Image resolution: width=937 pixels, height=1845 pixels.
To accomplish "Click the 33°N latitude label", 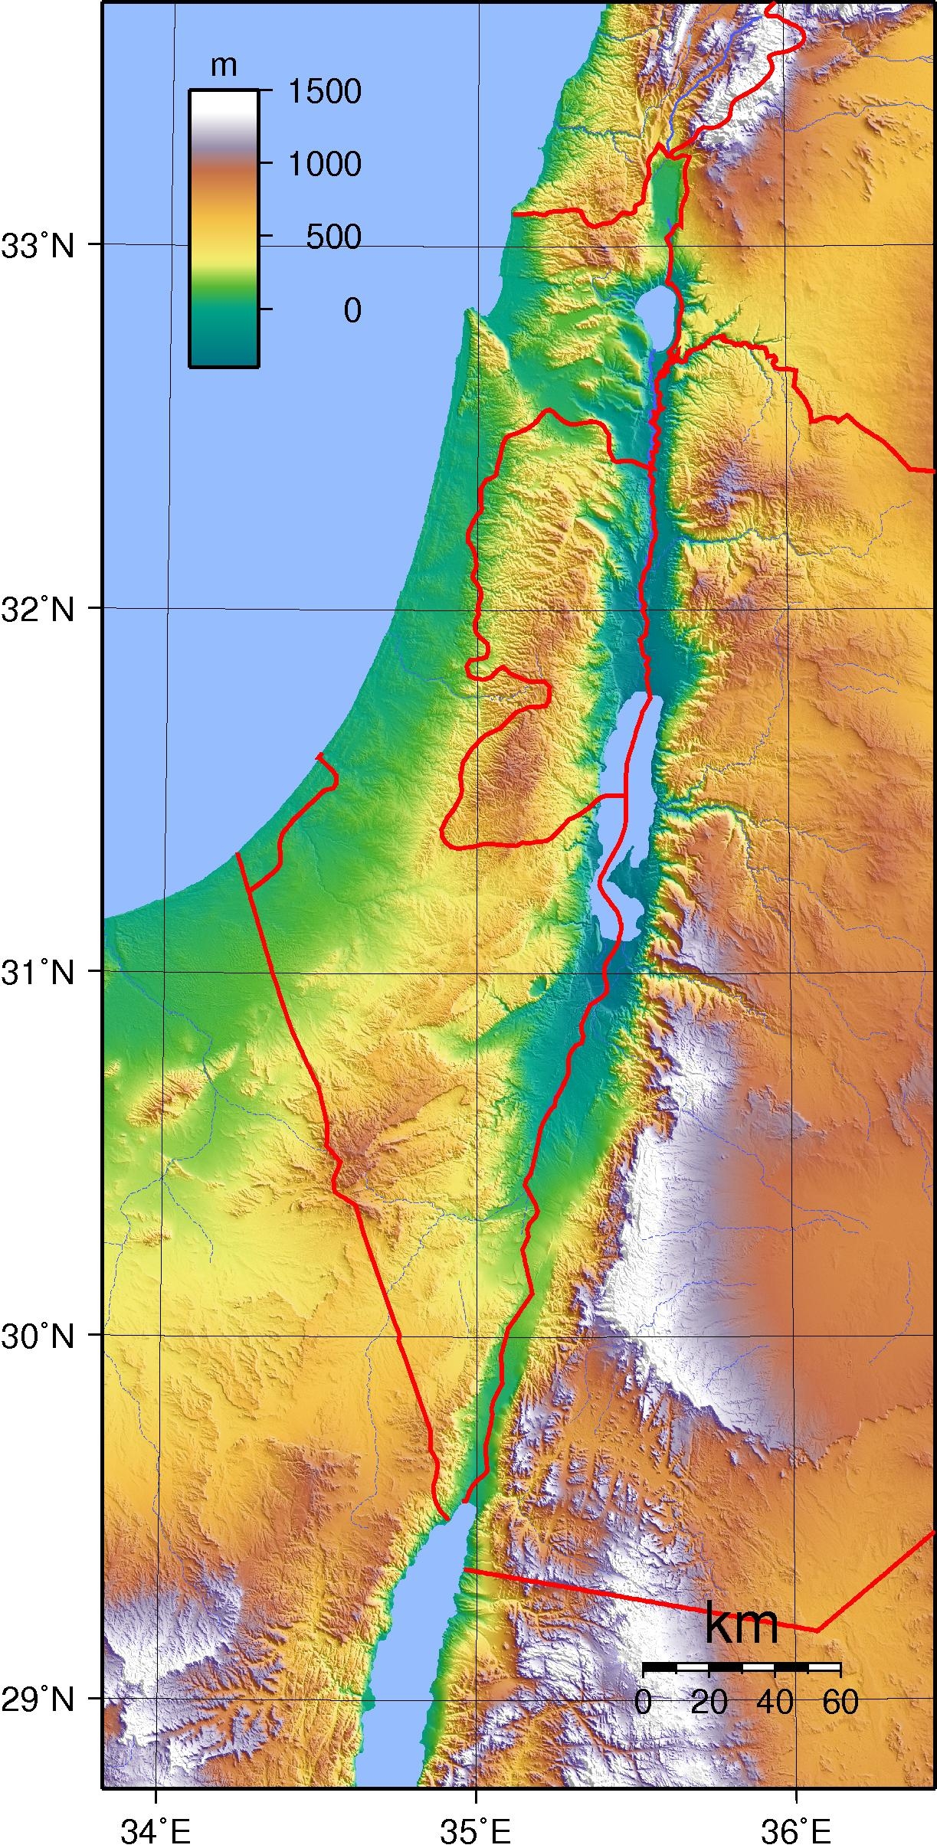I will click(x=38, y=247).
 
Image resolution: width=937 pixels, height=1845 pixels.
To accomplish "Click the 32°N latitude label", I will click(x=38, y=610).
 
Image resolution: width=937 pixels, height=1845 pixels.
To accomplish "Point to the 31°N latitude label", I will click(x=38, y=974).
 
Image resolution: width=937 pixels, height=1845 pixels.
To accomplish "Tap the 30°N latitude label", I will click(x=38, y=1337).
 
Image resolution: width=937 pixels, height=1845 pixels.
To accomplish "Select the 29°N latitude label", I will click(x=38, y=1700).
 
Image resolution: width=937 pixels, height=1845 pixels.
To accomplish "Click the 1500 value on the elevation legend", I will click(x=324, y=92).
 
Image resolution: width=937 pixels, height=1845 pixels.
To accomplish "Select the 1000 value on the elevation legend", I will click(x=324, y=164).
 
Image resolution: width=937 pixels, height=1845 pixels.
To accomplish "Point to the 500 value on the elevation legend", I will click(x=333, y=237).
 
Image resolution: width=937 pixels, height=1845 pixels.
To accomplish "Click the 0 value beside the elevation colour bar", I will click(x=352, y=310).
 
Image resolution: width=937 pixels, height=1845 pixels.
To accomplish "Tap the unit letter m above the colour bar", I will click(x=223, y=67).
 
